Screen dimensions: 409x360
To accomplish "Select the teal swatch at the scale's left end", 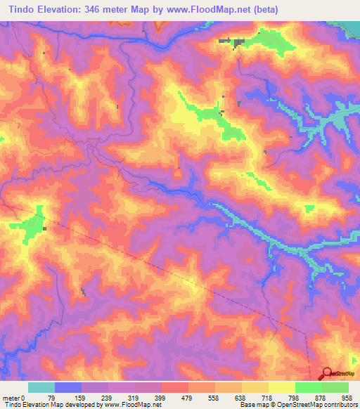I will [x=41, y=387].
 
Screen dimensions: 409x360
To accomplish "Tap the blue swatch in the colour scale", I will [x=68, y=387].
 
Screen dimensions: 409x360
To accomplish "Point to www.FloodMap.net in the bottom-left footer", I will [x=133, y=405].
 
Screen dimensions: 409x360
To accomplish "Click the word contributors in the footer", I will [x=337, y=405].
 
